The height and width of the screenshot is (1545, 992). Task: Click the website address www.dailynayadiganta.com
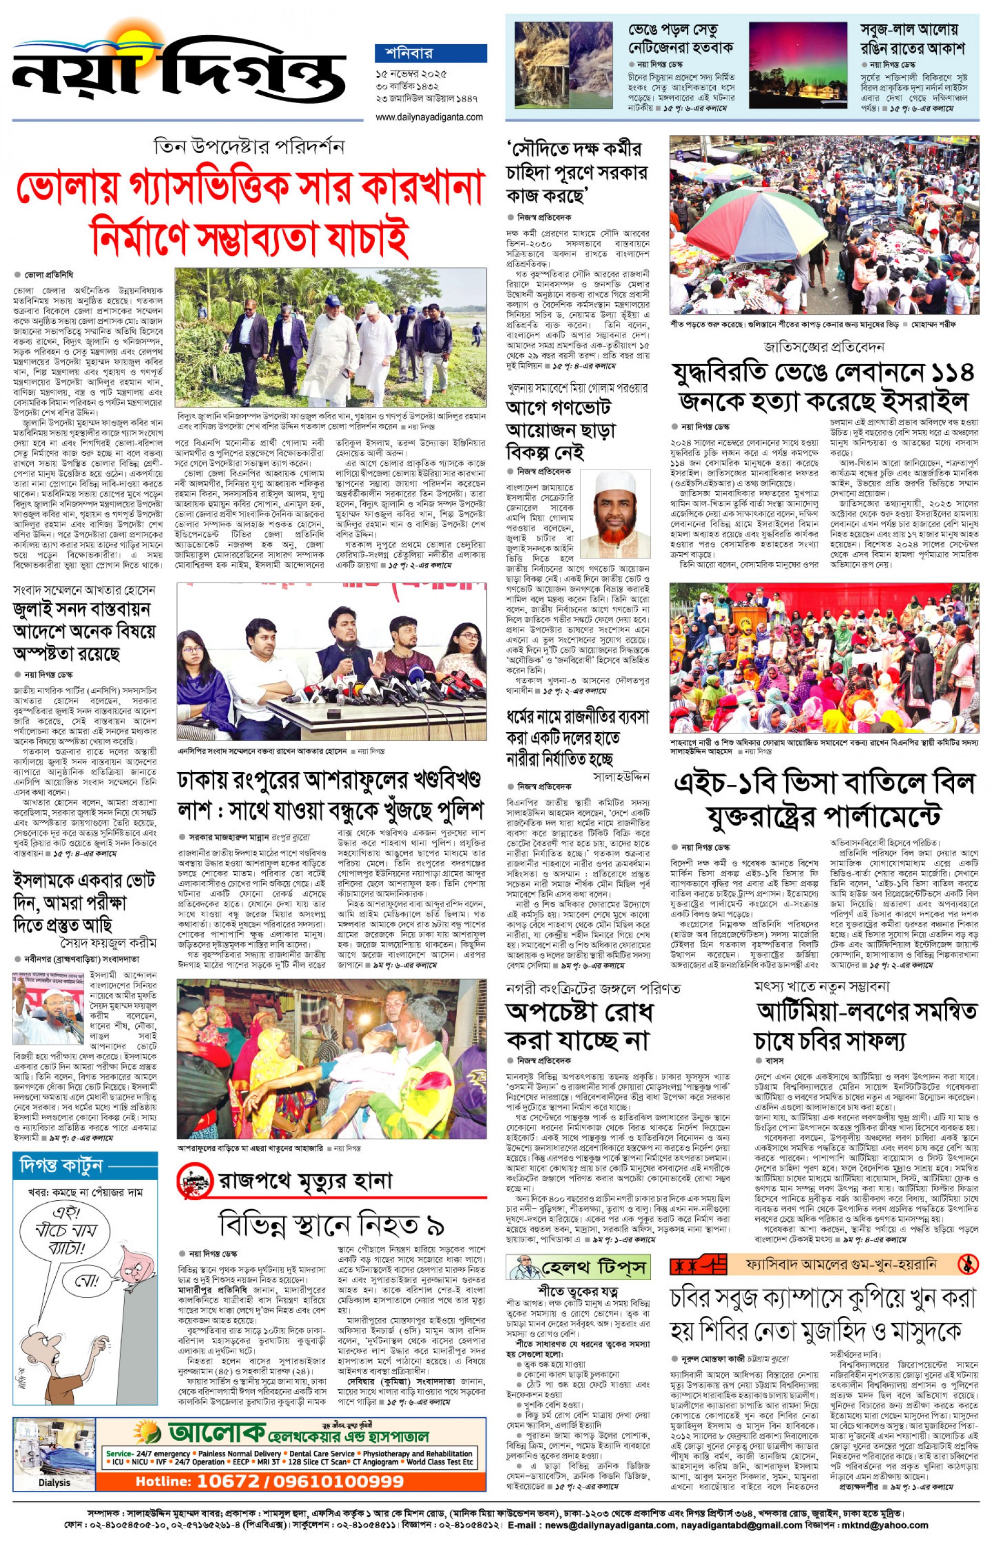tap(429, 117)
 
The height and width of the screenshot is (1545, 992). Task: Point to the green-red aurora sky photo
tap(797, 66)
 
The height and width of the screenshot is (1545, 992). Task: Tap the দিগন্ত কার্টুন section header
tap(61, 1165)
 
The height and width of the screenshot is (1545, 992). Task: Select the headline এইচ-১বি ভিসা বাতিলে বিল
tap(823, 783)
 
